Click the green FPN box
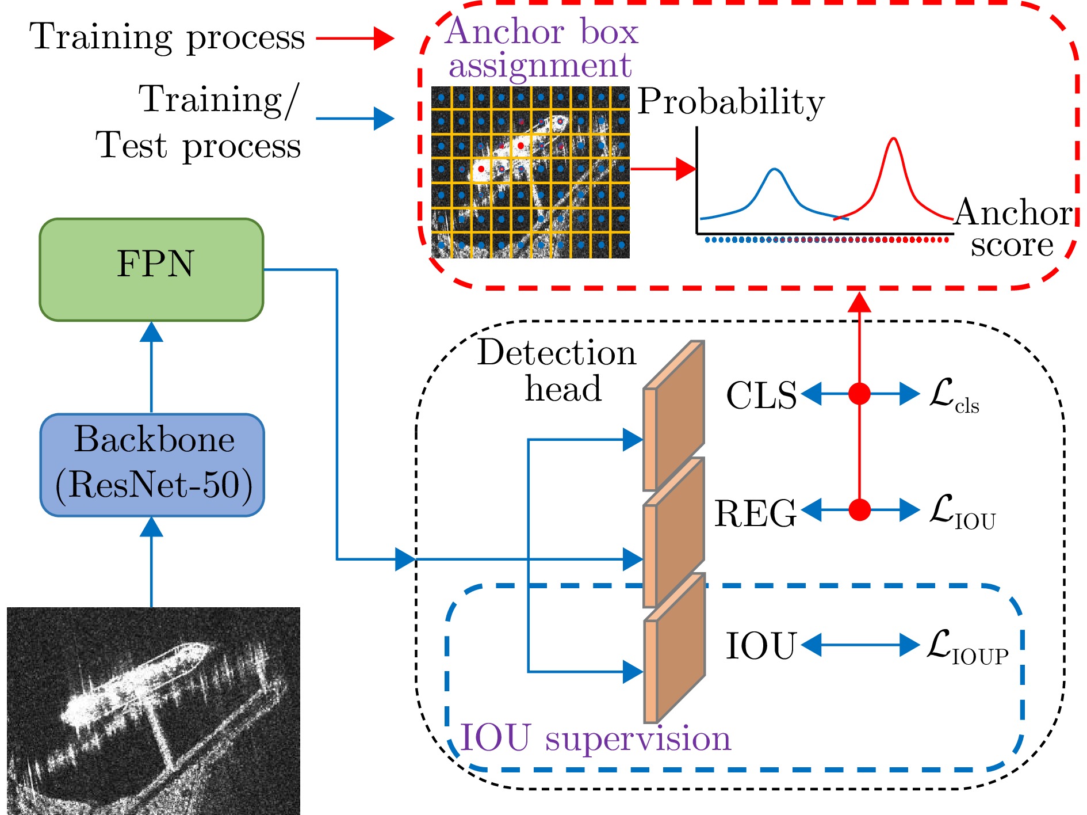point(151,269)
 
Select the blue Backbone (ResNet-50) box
point(152,464)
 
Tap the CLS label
point(761,395)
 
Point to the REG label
point(755,513)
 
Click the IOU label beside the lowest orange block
point(760,646)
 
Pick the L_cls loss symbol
point(953,395)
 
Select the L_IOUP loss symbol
point(966,647)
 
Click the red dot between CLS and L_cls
point(859,394)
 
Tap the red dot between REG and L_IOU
point(859,509)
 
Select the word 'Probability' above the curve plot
point(730,102)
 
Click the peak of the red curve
point(893,139)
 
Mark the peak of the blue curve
point(775,169)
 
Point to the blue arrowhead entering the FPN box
point(151,332)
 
